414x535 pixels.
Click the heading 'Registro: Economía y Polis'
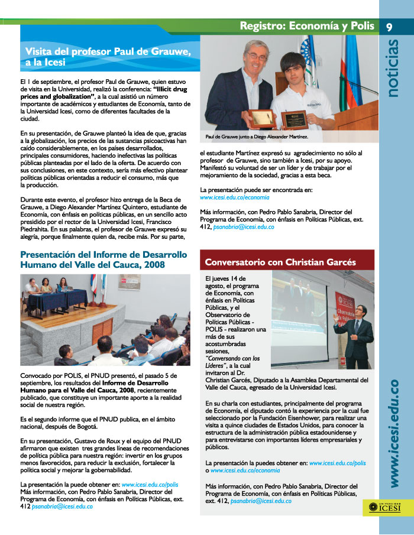point(307,25)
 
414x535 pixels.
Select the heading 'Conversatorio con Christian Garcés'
point(280,261)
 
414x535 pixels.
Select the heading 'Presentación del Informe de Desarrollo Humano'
point(103,260)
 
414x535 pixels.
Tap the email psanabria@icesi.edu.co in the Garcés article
point(261,501)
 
